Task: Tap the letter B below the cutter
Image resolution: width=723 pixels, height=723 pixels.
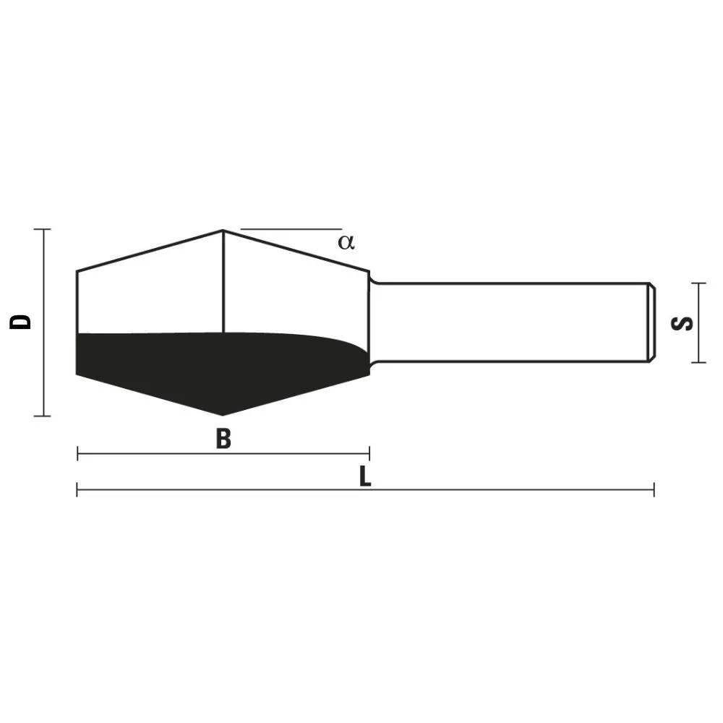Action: pyautogui.click(x=223, y=438)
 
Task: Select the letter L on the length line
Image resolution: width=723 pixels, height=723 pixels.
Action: pyautogui.click(x=366, y=476)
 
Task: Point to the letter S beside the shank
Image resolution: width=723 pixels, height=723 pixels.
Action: pyautogui.click(x=683, y=322)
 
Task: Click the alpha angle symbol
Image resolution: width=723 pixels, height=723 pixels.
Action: pyautogui.click(x=346, y=241)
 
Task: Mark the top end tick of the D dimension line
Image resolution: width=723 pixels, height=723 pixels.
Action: pyautogui.click(x=43, y=229)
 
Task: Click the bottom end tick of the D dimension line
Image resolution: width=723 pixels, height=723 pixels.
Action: pyautogui.click(x=43, y=416)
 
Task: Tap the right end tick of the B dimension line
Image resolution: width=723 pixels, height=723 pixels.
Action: pyautogui.click(x=369, y=454)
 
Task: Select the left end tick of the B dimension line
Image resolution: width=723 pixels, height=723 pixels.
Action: pyautogui.click(x=77, y=454)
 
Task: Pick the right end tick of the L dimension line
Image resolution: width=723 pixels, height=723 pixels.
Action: pyautogui.click(x=654, y=489)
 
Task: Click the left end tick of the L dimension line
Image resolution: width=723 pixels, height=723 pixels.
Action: pyautogui.click(x=77, y=489)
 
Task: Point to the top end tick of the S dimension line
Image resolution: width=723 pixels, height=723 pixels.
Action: pyautogui.click(x=697, y=283)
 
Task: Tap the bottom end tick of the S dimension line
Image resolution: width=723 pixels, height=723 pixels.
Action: pyautogui.click(x=697, y=362)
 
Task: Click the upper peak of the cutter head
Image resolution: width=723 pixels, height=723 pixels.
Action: pyautogui.click(x=223, y=231)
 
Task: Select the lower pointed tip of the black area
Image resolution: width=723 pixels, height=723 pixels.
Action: pyautogui.click(x=222, y=414)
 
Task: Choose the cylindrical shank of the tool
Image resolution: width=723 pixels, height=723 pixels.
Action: pyautogui.click(x=506, y=322)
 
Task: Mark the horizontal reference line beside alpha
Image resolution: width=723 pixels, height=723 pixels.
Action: pyautogui.click(x=289, y=229)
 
